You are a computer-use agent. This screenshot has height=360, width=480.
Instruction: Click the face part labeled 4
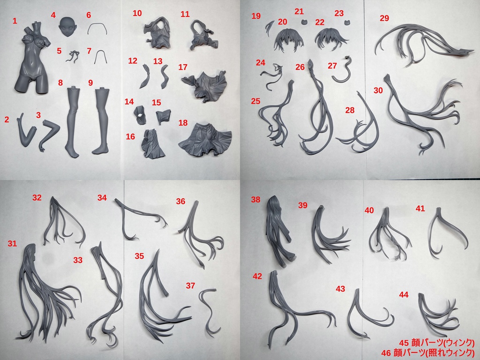tap(67, 27)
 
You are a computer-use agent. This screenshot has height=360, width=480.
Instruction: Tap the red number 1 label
tap(15, 21)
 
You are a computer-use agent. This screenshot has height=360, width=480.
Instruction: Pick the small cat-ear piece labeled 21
tap(304, 22)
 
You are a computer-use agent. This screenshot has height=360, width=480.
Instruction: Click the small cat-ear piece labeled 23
tap(347, 22)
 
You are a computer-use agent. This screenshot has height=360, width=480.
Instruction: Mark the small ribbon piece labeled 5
tap(73, 56)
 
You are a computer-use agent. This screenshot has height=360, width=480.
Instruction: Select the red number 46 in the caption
tap(386, 353)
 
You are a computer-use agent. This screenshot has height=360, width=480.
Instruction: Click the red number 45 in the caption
tap(404, 342)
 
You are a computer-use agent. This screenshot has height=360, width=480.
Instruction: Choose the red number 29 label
tap(384, 18)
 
